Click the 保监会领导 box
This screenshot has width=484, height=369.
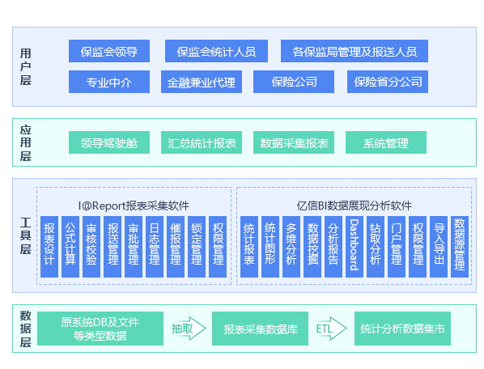tap(108, 52)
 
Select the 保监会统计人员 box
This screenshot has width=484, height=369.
tap(216, 52)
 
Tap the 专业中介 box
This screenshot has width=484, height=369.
tap(108, 82)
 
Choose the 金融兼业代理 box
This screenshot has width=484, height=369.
tap(202, 82)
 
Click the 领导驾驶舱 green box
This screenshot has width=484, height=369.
tap(108, 143)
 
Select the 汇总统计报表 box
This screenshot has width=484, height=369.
tap(202, 143)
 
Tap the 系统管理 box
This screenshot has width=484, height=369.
tap(385, 143)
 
